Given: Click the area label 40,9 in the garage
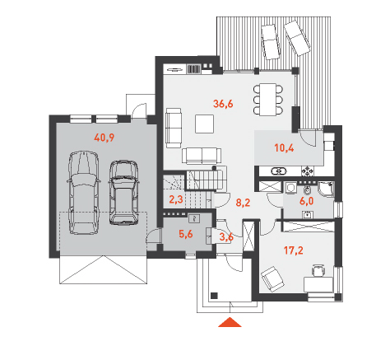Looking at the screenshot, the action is (x=104, y=138).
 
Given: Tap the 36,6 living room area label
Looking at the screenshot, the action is (x=223, y=104).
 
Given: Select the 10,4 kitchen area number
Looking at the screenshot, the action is (x=284, y=148).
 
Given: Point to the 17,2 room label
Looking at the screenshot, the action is (x=294, y=250).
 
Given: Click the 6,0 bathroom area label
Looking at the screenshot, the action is (x=306, y=201).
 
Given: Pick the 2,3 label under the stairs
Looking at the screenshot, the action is (x=176, y=199).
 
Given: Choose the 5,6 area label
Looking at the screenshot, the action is (x=186, y=234).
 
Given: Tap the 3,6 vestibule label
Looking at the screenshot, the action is (x=226, y=236).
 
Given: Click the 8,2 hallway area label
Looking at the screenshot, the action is (x=243, y=203).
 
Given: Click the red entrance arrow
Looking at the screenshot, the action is (x=230, y=323).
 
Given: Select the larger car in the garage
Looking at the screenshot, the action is (x=83, y=193).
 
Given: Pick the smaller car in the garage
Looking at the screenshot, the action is (x=124, y=193).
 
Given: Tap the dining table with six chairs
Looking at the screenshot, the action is (x=268, y=100).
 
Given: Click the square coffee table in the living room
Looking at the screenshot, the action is (x=204, y=124).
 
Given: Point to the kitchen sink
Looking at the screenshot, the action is (x=279, y=171).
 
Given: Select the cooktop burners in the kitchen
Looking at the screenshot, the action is (x=308, y=171).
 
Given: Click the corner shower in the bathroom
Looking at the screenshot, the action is (x=326, y=189).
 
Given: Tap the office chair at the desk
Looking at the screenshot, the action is (x=318, y=270).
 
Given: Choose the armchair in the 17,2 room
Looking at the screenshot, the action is (x=272, y=279).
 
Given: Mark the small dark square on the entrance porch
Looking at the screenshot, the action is (x=214, y=296).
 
